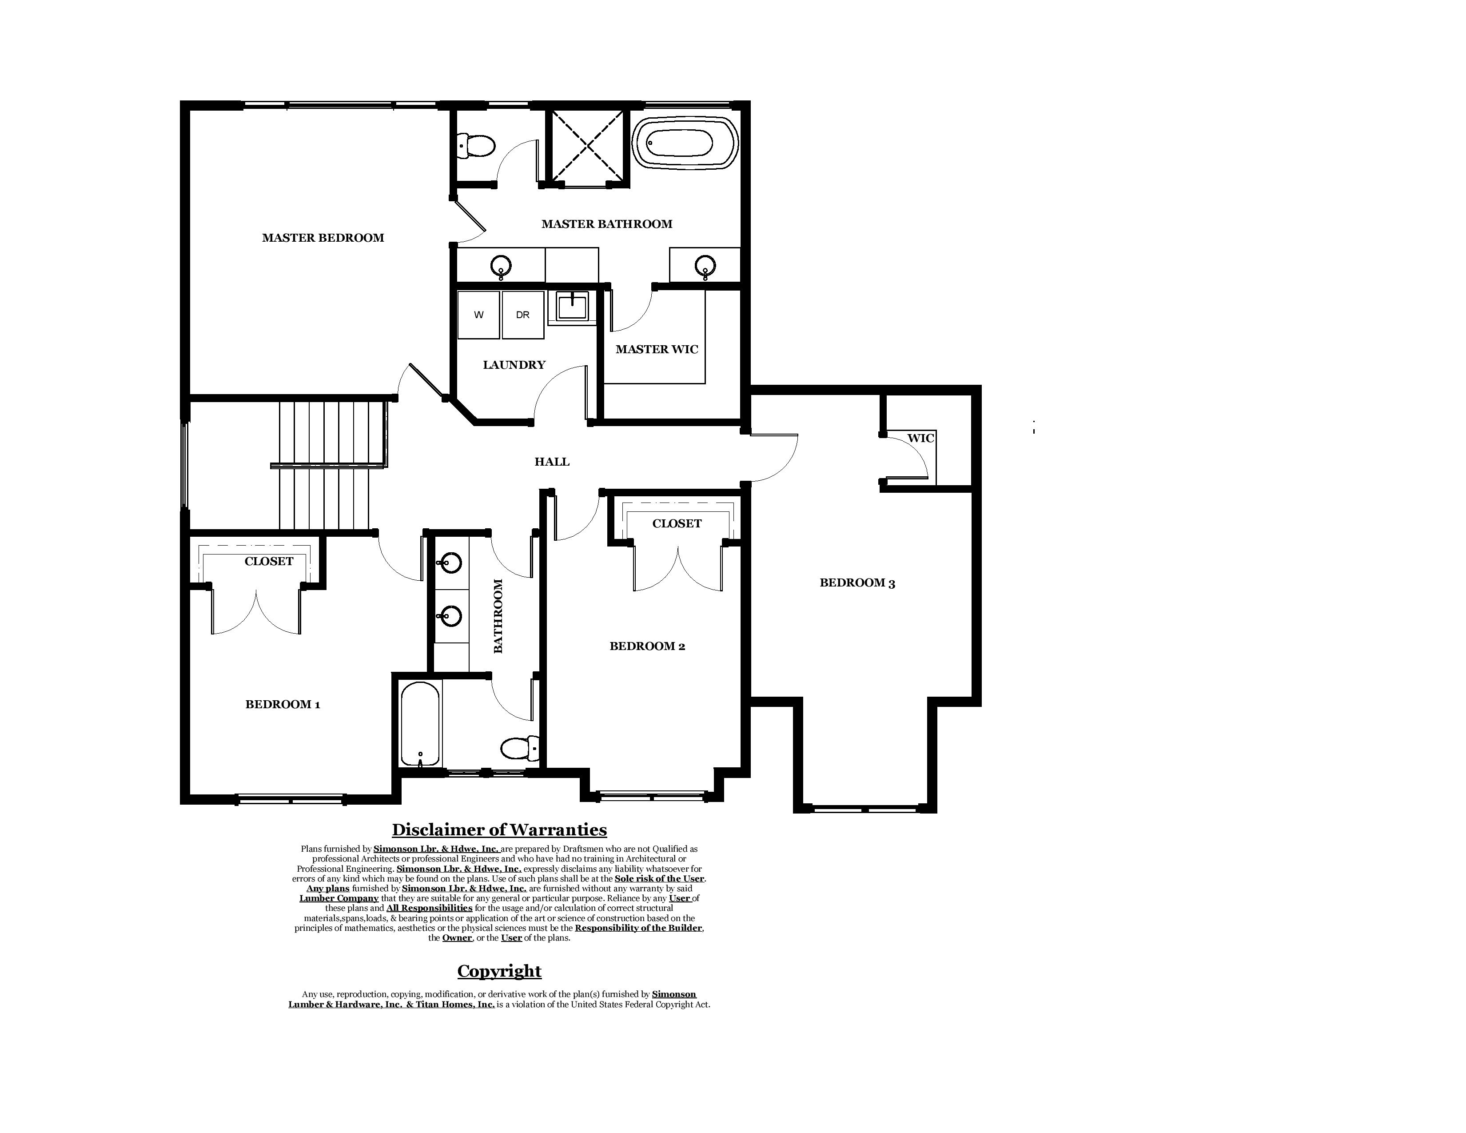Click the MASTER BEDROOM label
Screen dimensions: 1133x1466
click(323, 238)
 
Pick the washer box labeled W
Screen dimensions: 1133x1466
click(478, 315)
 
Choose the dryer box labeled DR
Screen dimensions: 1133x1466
click(523, 315)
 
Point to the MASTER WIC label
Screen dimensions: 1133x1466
click(657, 349)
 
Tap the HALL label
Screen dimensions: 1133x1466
click(552, 462)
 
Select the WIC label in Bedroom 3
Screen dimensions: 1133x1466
click(920, 438)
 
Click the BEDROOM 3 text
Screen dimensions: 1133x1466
click(857, 582)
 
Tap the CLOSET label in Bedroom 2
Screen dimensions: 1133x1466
click(677, 523)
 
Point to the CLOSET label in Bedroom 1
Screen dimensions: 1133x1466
click(268, 561)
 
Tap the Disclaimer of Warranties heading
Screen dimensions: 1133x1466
click(499, 830)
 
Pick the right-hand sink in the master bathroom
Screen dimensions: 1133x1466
click(705, 266)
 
